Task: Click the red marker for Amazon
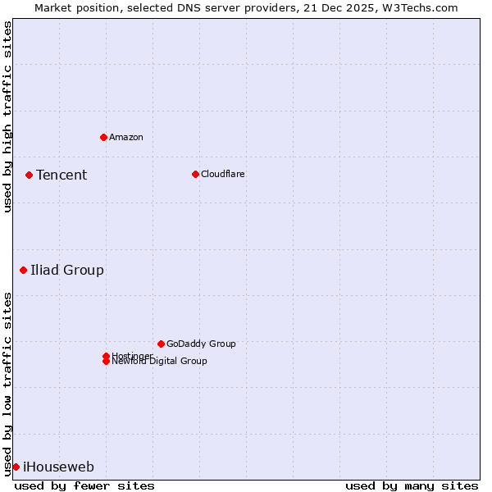pyautogui.click(x=103, y=137)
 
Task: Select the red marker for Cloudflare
pyautogui.click(x=195, y=174)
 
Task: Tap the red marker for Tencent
pyautogui.click(x=29, y=175)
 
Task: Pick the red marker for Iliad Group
pyautogui.click(x=23, y=270)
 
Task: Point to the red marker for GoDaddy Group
pyautogui.click(x=161, y=344)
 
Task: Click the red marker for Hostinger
pyautogui.click(x=106, y=356)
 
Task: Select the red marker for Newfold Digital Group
pyautogui.click(x=106, y=362)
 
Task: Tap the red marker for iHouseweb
pyautogui.click(x=16, y=467)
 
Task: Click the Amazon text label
pyautogui.click(x=126, y=137)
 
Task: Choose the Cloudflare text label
pyautogui.click(x=223, y=174)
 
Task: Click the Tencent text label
pyautogui.click(x=61, y=175)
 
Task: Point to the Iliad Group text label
pyautogui.click(x=67, y=270)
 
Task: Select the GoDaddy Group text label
pyautogui.click(x=201, y=344)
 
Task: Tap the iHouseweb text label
pyautogui.click(x=58, y=467)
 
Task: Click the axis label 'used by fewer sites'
pyautogui.click(x=84, y=485)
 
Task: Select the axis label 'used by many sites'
pyautogui.click(x=412, y=485)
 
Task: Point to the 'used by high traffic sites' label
pyautogui.click(x=7, y=116)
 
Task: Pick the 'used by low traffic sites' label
pyautogui.click(x=7, y=384)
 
